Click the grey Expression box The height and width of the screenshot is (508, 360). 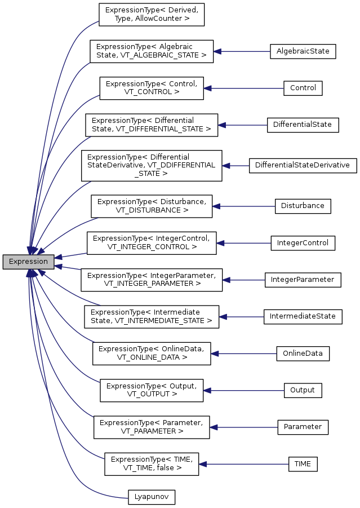(29, 262)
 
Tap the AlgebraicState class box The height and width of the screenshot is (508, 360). (303, 51)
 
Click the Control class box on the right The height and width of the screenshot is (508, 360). (303, 88)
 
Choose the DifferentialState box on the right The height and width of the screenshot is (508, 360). (303, 125)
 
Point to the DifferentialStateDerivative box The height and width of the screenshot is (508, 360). (303, 165)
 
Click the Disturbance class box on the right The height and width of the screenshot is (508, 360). (303, 206)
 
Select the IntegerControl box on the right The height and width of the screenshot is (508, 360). (303, 243)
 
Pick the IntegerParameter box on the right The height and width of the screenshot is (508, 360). (303, 280)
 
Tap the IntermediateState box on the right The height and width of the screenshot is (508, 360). (303, 316)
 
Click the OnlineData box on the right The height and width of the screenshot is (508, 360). (303, 354)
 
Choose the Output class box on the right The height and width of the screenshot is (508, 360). (303, 390)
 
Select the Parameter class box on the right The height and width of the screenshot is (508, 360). (303, 427)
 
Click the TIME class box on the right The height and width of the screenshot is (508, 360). (303, 464)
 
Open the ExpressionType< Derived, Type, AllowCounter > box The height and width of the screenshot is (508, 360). (151, 14)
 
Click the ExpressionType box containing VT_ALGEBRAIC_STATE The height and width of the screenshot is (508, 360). (152, 51)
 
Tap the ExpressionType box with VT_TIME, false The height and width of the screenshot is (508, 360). (152, 464)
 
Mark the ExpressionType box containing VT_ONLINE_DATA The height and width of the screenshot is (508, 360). (152, 354)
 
